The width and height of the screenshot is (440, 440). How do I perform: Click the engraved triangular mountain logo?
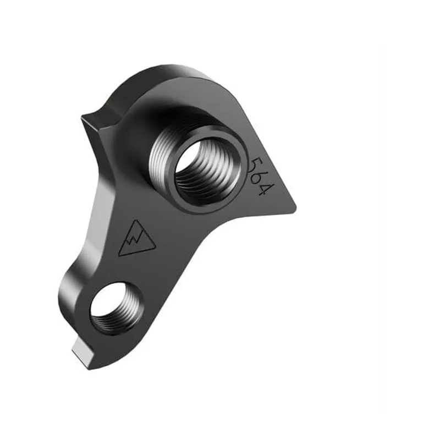point(135,240)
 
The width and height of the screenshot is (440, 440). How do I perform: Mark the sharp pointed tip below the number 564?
point(294,208)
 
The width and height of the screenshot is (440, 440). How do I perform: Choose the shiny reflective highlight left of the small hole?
point(71,297)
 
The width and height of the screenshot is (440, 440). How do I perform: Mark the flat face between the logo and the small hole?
point(129,269)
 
